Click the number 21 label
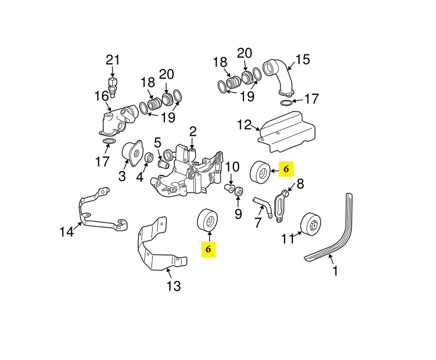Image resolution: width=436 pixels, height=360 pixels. (113, 60)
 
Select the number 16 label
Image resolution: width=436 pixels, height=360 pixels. (102, 96)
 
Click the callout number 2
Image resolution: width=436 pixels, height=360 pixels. (192, 132)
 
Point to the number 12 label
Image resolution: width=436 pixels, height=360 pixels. (244, 124)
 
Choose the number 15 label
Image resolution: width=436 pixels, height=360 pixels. (302, 59)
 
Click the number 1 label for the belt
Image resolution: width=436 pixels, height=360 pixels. (336, 271)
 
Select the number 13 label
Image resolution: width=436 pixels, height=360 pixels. (173, 286)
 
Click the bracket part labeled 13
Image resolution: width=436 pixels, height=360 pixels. (157, 247)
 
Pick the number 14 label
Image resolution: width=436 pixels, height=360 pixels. (67, 231)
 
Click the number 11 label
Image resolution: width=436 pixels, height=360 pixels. (288, 239)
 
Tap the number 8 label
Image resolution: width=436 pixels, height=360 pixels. (300, 183)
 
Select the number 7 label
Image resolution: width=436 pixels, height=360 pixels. (258, 223)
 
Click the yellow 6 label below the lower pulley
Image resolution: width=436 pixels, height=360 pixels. (208, 250)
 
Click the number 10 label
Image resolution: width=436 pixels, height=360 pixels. (232, 167)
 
